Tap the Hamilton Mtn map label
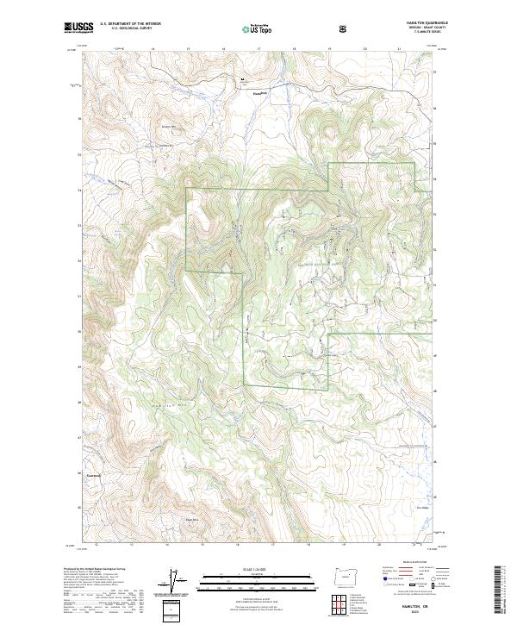pyautogui.click(x=135, y=404)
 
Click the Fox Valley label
pyautogui.click(x=422, y=507)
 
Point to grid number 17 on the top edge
pyautogui.click(x=258, y=49)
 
